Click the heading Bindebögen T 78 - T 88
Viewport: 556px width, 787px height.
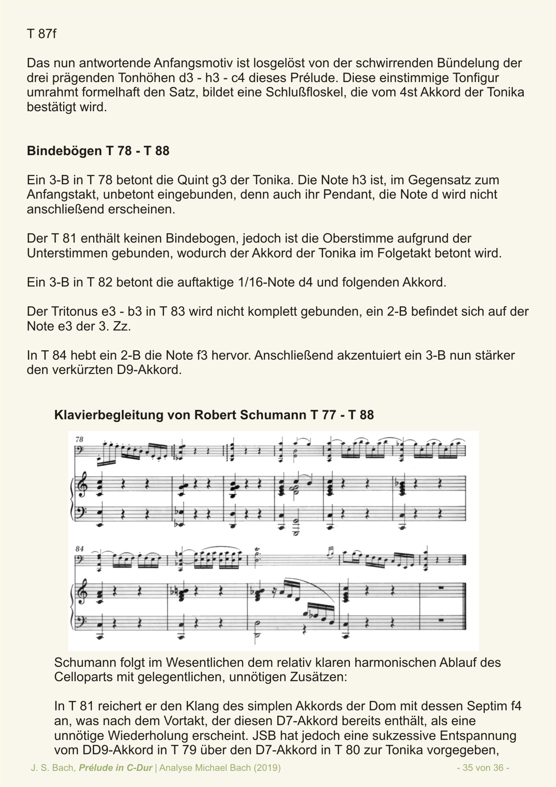tap(98, 151)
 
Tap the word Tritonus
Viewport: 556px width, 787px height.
tap(69, 311)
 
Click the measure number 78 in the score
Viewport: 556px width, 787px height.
tap(79, 440)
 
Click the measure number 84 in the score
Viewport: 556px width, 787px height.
tap(80, 549)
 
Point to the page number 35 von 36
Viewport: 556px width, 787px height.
tap(483, 768)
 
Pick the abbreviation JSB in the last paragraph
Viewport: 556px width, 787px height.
tap(264, 736)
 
